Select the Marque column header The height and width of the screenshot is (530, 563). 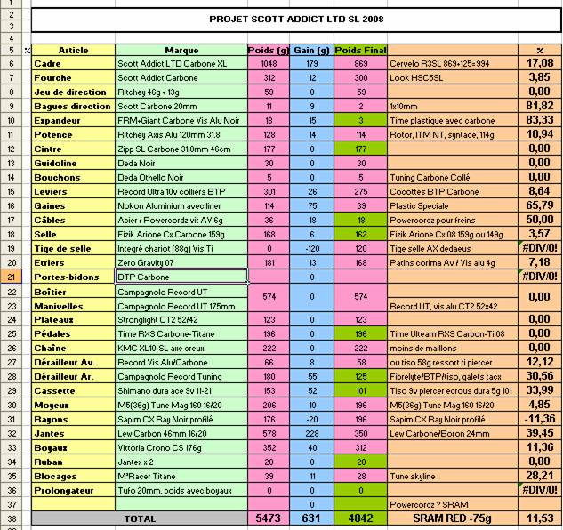(x=181, y=51)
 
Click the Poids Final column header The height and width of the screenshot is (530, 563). (x=360, y=51)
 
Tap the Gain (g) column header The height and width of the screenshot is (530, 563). (x=313, y=51)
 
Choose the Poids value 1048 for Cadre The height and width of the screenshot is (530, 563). (x=270, y=63)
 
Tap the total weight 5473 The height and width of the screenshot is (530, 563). (x=269, y=517)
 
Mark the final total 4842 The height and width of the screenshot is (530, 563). (x=360, y=517)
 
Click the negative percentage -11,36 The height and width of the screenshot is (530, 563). (x=538, y=418)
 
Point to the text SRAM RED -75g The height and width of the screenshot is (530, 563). (x=453, y=517)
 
